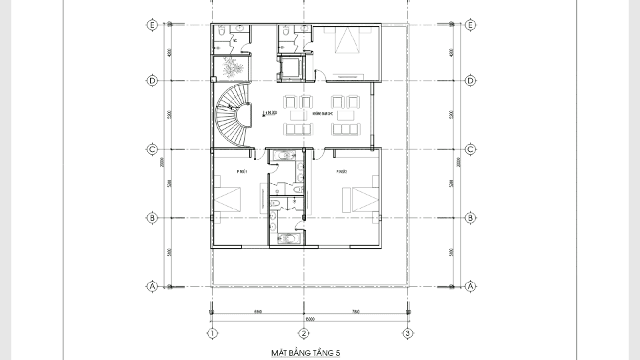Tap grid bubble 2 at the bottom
[303, 333]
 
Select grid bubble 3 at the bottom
[407, 333]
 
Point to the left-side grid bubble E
[152, 25]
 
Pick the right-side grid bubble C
[471, 149]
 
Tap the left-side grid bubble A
[152, 287]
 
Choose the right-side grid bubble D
[471, 81]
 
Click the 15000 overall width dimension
[309, 319]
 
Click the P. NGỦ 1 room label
[242, 171]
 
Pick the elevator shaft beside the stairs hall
[291, 69]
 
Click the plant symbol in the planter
[232, 68]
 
